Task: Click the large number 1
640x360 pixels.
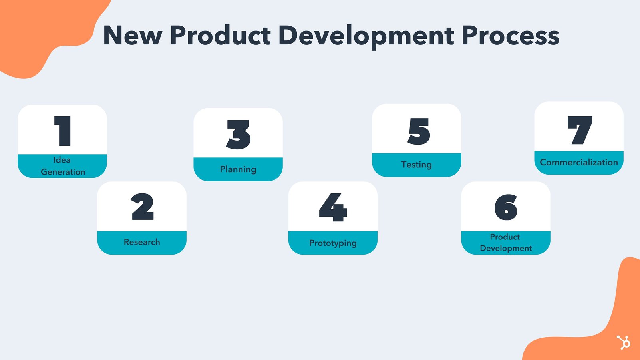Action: [63, 131]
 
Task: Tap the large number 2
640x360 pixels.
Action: [142, 206]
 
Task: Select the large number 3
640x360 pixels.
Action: [238, 135]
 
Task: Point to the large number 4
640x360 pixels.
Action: [333, 207]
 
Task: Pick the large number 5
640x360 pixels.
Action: [419, 131]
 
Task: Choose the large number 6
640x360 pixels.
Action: [506, 207]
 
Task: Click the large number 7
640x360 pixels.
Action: [580, 130]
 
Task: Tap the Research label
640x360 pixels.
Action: [142, 242]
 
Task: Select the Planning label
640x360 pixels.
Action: [238, 169]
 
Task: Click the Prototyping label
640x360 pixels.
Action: [333, 243]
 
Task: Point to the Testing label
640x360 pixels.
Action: [416, 165]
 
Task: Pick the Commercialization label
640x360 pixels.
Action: [579, 162]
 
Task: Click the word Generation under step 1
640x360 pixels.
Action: [63, 172]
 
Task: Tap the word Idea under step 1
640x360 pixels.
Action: [62, 160]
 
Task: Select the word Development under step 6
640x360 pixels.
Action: [506, 248]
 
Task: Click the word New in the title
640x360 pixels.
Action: [133, 35]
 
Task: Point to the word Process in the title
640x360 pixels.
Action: [510, 35]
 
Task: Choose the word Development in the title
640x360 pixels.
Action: [366, 37]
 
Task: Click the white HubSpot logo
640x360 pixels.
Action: [624, 342]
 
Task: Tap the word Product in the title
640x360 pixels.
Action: [220, 35]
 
